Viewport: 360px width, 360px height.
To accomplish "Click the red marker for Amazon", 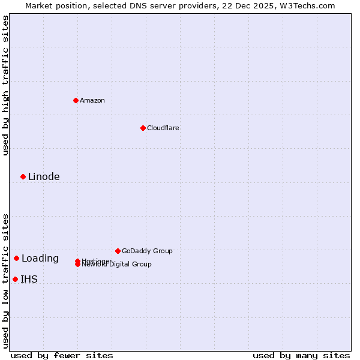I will (76, 100).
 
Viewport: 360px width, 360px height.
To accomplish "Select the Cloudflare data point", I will (143, 128).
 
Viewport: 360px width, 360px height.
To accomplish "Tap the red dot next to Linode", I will (23, 176).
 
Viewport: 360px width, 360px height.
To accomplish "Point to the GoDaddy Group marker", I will (118, 251).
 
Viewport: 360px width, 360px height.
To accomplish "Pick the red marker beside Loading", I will (16, 258).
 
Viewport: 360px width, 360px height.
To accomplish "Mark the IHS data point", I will (15, 279).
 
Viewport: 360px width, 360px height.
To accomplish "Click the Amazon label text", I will (92, 100).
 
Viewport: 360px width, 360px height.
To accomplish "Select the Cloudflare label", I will (163, 128).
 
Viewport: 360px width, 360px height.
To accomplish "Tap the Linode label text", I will (44, 176).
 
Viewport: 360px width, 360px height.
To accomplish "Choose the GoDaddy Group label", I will (147, 251).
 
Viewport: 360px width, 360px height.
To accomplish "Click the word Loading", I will (40, 259).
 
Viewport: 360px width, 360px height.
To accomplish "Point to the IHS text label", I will (29, 279).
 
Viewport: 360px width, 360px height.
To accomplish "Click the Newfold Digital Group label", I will (118, 265).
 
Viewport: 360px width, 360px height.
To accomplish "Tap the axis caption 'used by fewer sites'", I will (62, 355).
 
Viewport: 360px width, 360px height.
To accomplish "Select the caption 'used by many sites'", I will (301, 355).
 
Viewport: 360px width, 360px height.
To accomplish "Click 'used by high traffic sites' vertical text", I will (5, 85).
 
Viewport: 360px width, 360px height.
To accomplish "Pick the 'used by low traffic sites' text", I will (5, 280).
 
